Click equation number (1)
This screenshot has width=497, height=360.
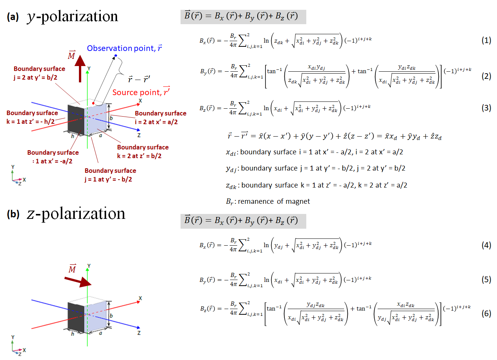pos(486,40)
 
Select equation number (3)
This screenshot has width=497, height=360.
pos(486,108)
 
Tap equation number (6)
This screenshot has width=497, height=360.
pos(486,313)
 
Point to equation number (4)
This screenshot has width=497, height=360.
pos(486,245)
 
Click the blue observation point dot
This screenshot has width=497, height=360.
pos(116,56)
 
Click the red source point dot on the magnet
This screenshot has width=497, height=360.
pos(93,103)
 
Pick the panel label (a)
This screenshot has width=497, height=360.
pos(13,17)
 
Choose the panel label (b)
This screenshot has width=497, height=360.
pos(13,214)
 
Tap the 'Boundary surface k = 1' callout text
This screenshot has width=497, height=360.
pos(32,117)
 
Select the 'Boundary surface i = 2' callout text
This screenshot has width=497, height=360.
pos(160,117)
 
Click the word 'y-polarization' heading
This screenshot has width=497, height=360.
pos(73,17)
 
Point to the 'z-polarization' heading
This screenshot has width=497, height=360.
pos(76,214)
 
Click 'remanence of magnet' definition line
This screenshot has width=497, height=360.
pos(268,202)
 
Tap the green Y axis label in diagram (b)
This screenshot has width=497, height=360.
pos(89,266)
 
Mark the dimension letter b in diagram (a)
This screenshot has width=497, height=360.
pos(111,118)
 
